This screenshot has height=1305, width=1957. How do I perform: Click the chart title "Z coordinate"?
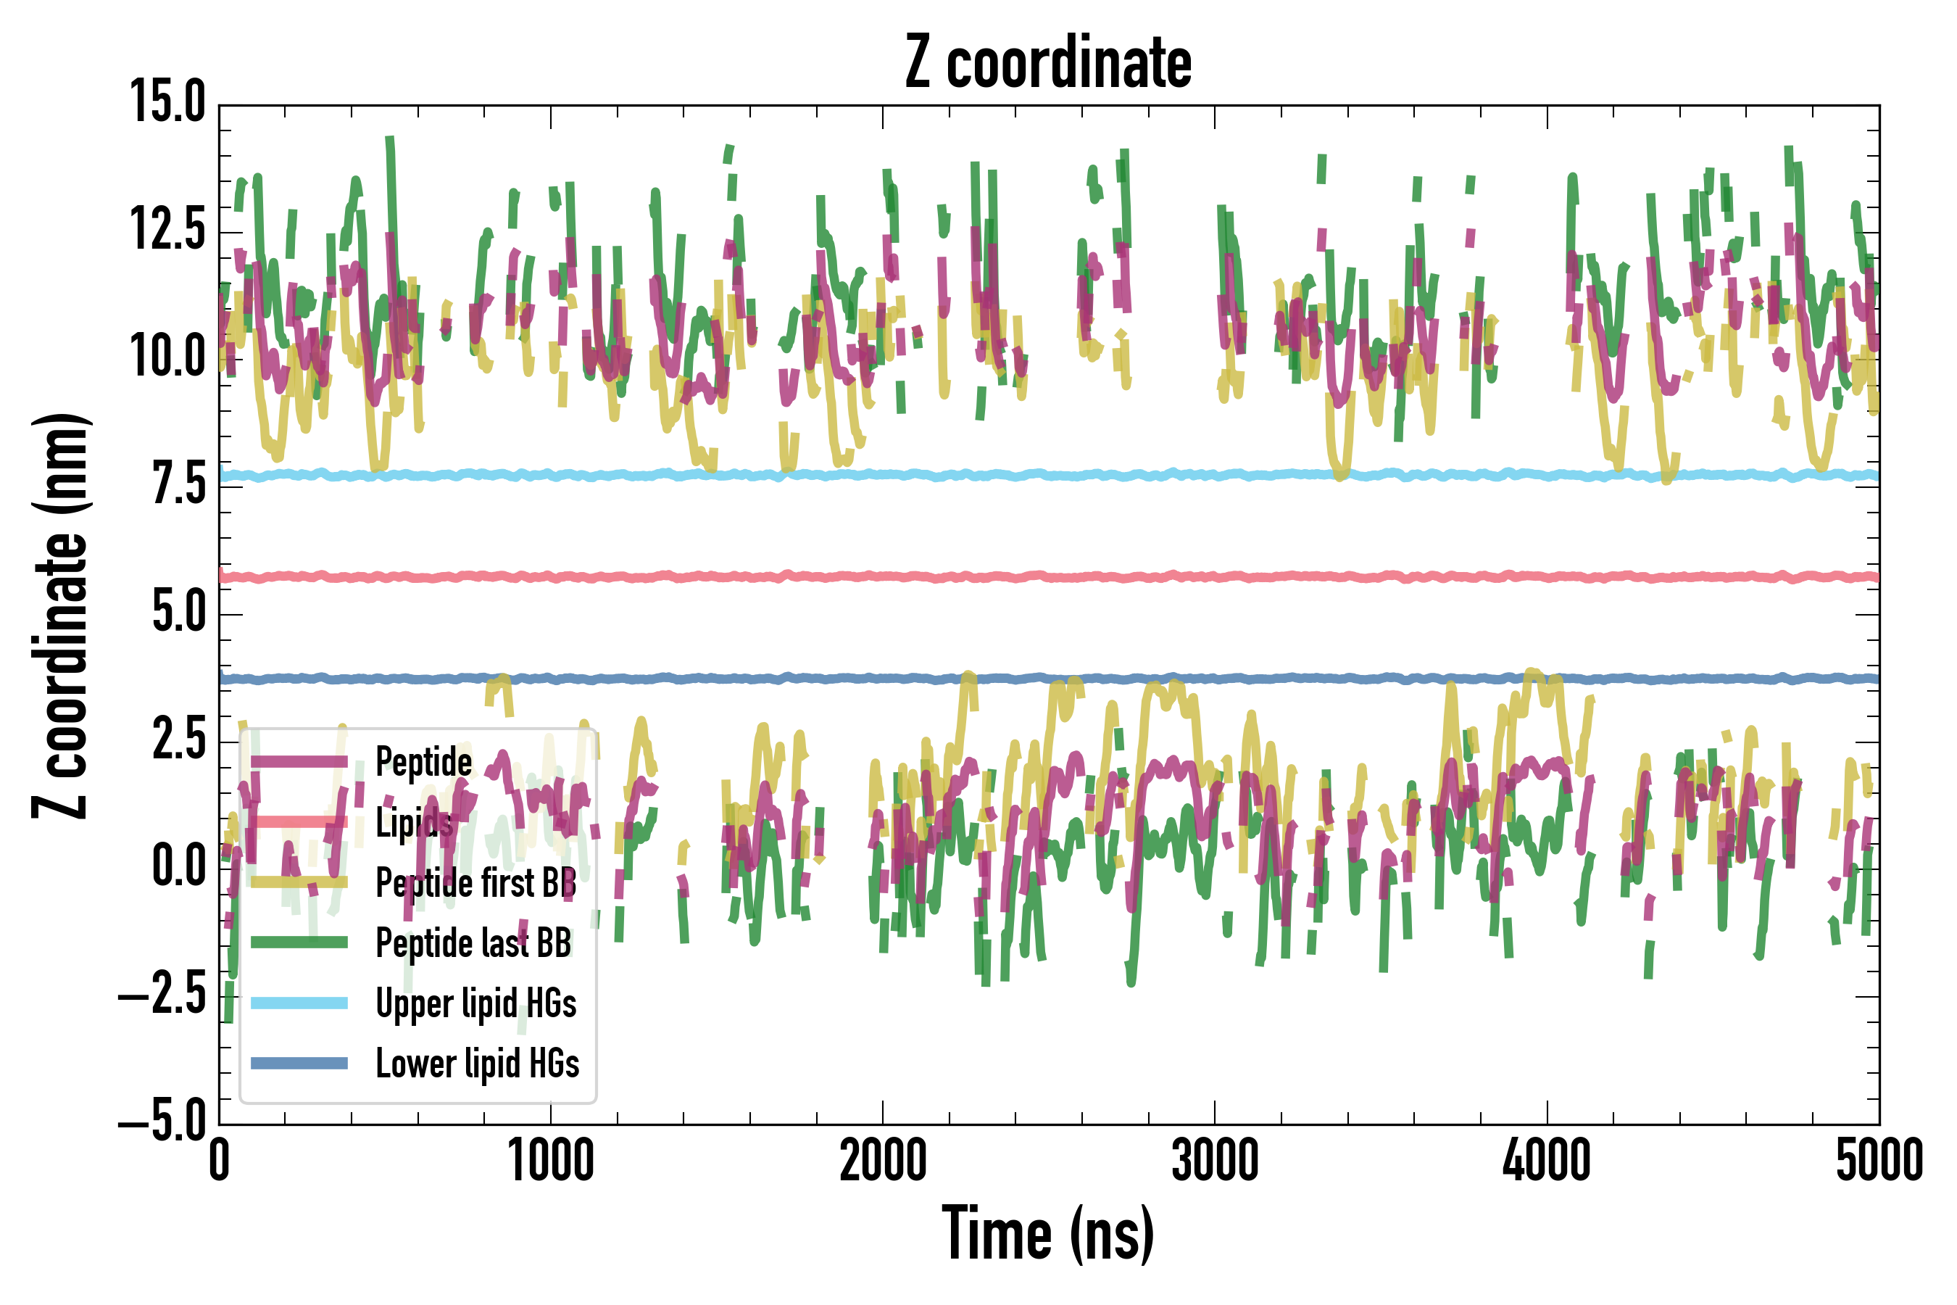click(x=1047, y=63)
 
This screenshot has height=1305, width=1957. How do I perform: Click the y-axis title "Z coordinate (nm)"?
click(x=60, y=615)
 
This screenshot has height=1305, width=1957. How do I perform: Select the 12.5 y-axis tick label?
click(x=167, y=230)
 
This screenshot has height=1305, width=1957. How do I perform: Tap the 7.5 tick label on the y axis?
click(x=178, y=485)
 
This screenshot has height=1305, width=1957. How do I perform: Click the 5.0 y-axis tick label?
click(x=178, y=613)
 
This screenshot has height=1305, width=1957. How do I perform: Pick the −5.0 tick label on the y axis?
click(x=162, y=1124)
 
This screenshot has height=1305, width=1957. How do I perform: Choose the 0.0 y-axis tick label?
click(x=178, y=868)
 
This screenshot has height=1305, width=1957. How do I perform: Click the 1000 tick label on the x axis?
click(x=551, y=1161)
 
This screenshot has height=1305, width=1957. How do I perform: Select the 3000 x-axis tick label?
click(x=1215, y=1161)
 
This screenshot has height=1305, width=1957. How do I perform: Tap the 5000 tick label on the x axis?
click(x=1879, y=1161)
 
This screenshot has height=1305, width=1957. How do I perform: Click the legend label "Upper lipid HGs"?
click(x=476, y=1003)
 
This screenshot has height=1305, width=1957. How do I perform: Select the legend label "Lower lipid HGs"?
click(x=477, y=1064)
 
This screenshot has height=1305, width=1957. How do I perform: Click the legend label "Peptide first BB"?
click(x=476, y=882)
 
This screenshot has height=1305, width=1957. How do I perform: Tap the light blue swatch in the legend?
click(x=299, y=1003)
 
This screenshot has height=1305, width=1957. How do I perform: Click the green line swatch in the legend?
click(x=299, y=942)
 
